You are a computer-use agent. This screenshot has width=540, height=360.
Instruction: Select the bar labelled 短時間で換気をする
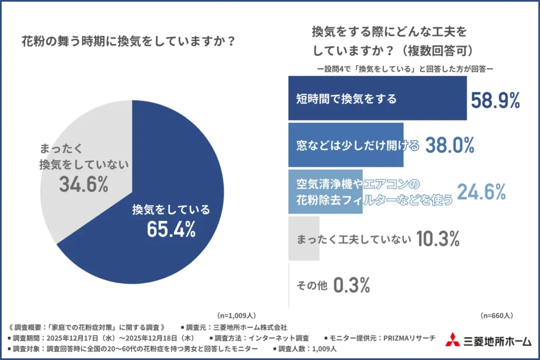click(377, 98)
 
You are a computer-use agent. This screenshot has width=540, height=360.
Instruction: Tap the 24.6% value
click(481, 192)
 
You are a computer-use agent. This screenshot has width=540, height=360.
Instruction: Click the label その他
click(311, 286)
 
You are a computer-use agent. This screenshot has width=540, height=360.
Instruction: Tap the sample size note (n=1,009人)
click(237, 315)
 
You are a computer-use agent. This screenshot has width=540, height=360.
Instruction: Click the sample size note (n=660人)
click(496, 315)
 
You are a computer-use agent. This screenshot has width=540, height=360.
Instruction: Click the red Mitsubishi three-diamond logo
click(452, 340)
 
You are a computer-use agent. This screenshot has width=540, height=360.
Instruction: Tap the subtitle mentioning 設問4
click(405, 69)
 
